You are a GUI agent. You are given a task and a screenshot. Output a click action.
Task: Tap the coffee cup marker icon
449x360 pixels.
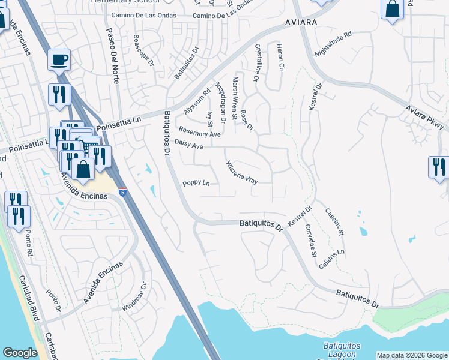coord(59,60)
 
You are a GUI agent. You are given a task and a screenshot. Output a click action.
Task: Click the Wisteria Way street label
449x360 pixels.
coord(241,172)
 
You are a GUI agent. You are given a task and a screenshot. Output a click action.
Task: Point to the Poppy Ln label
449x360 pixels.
coord(196,183)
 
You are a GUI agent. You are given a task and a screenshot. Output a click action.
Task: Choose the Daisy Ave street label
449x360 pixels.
coord(188,144)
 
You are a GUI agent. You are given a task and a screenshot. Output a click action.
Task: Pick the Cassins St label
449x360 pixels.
coord(334,221)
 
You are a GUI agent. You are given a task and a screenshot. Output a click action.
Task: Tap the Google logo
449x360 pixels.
coord(20,353)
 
